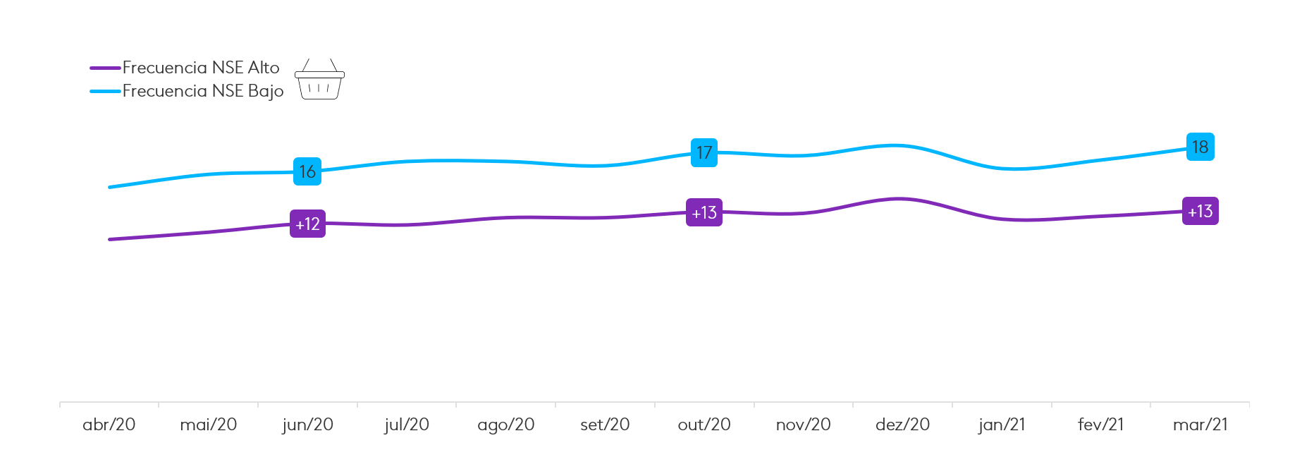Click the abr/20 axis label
109,425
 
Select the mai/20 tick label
208,425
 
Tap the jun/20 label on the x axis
307,425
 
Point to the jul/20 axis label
407,425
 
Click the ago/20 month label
505,425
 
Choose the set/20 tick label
605,425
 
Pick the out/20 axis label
704,425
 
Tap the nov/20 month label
803,425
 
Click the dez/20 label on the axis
902,425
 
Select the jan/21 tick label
1002,425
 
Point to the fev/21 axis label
1100,425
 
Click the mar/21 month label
1200,425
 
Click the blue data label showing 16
307,171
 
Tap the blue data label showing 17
704,152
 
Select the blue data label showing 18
1200,147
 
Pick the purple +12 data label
307,224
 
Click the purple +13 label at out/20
704,212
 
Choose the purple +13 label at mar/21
1200,211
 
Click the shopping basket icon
319,80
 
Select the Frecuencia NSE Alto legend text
201,68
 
